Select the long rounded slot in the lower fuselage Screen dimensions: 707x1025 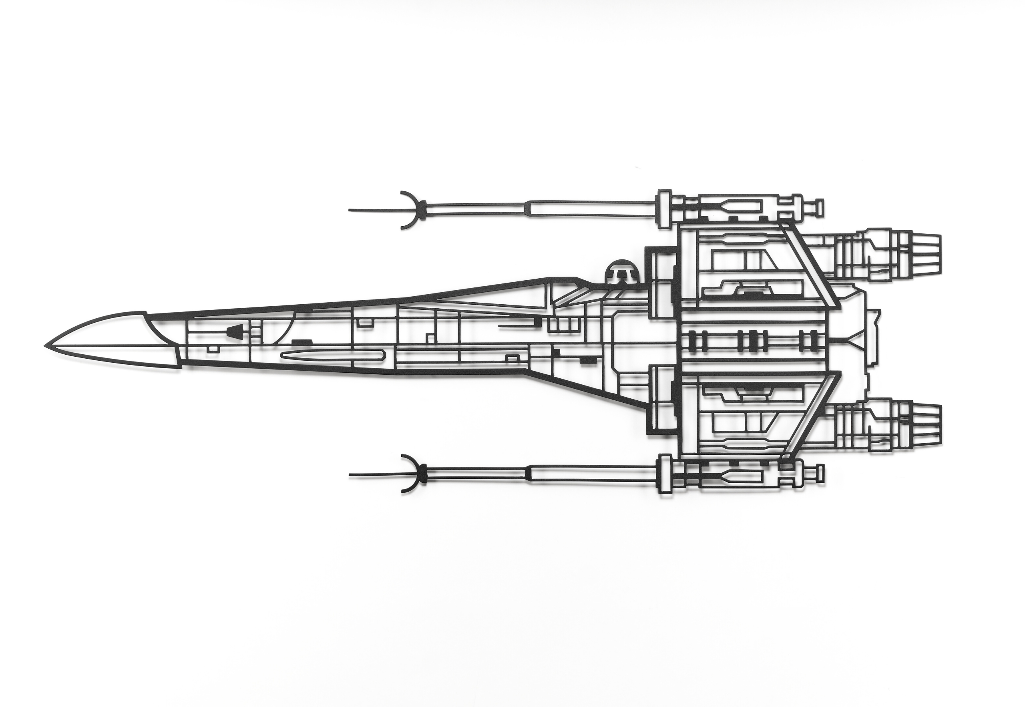tap(332, 354)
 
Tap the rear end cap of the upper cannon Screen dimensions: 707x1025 tap(820, 205)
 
